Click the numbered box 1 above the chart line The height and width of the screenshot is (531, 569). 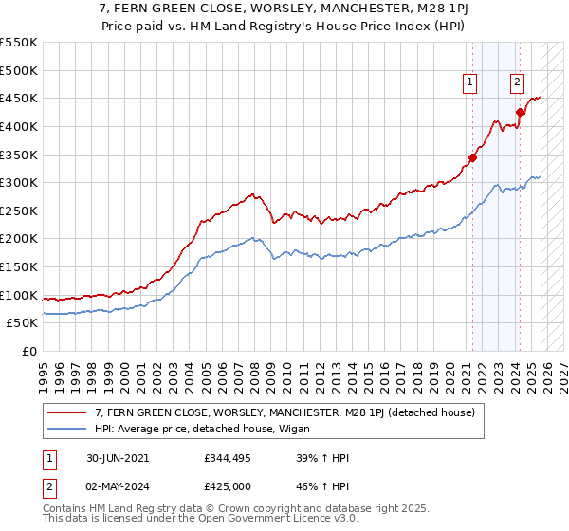(x=470, y=83)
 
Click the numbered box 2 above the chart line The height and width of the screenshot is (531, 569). (x=517, y=83)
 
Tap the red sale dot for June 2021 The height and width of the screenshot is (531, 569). (x=472, y=157)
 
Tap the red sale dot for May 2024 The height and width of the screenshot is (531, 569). (x=520, y=112)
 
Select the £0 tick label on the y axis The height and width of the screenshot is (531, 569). (x=30, y=352)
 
